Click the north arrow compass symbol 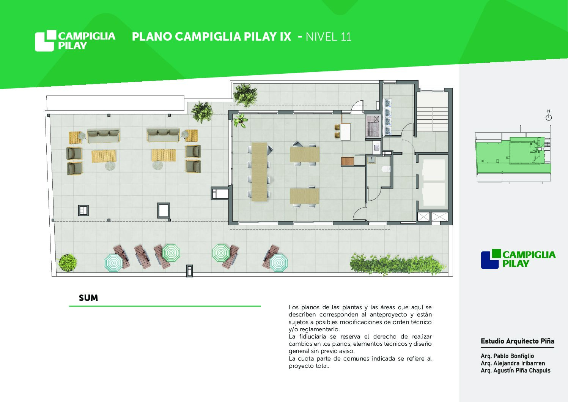tap(549, 116)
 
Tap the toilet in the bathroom tap(386, 169)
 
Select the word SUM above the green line tap(88, 298)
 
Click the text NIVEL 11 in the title tap(329, 37)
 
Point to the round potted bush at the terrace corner tap(68, 263)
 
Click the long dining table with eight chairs tap(260, 172)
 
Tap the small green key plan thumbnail tap(513, 157)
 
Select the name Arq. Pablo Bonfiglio tap(507, 356)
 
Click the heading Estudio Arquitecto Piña tap(517, 341)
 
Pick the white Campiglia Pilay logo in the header tap(75, 41)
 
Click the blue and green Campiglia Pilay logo tap(518, 259)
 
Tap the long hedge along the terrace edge tap(397, 264)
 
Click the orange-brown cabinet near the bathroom tap(348, 161)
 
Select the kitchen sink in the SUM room tap(376, 147)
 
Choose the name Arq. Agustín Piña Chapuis tap(516, 370)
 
